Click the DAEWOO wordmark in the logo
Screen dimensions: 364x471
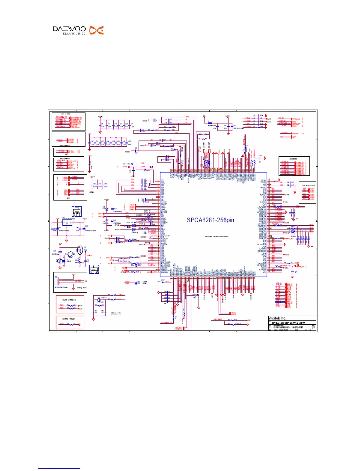coord(69,29)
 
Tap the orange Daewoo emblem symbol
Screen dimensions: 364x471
coord(97,30)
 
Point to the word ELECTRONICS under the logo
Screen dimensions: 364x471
coord(74,34)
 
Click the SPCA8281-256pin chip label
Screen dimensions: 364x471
coord(210,220)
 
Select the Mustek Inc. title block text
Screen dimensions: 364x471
coord(277,318)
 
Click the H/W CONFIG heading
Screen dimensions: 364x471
coord(69,300)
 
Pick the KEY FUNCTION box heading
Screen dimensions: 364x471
coord(308,186)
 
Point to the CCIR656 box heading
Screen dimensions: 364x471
coord(293,159)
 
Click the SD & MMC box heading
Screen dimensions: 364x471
coord(65,114)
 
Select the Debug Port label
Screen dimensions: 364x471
coord(82,288)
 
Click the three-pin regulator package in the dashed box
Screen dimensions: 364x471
coord(77,212)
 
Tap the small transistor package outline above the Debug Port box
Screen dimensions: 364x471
coord(94,269)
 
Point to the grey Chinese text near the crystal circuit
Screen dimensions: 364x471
coord(116,313)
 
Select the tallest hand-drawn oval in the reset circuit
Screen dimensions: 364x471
coord(80,250)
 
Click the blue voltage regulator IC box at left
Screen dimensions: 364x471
coord(67,223)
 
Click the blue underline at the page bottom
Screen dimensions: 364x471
coord(59,469)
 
